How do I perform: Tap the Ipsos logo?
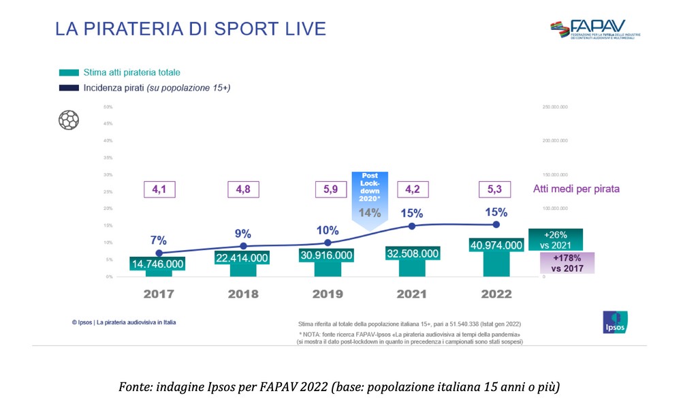click(x=615, y=322)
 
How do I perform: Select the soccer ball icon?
click(x=69, y=120)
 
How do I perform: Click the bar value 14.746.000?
click(x=159, y=264)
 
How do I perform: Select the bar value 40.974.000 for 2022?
click(x=496, y=245)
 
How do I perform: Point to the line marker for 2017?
click(x=159, y=253)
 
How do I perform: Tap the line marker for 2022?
click(x=496, y=224)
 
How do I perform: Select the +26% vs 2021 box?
click(x=556, y=239)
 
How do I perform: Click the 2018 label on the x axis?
click(x=243, y=294)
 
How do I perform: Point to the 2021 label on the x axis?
click(x=412, y=294)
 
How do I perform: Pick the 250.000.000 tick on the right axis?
click(x=554, y=107)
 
